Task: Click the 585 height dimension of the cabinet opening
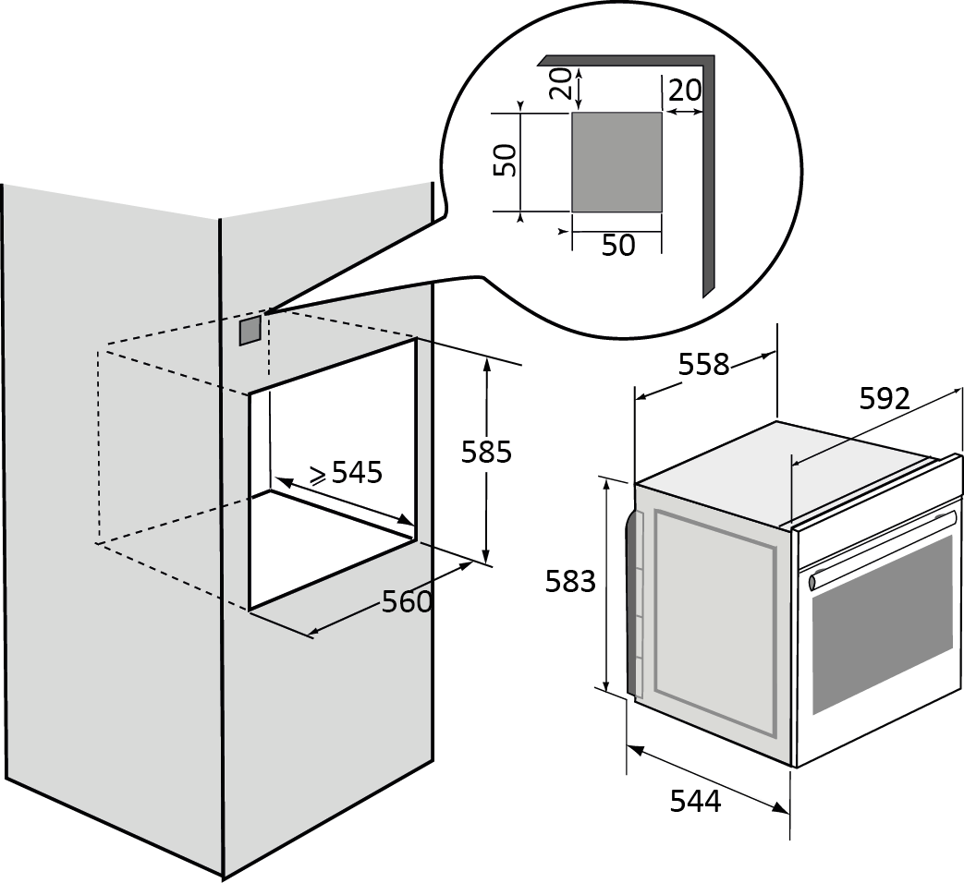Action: pyautogui.click(x=486, y=452)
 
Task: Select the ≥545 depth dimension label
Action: pyautogui.click(x=345, y=473)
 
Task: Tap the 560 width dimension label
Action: pyautogui.click(x=407, y=602)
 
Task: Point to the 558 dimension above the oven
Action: pyautogui.click(x=703, y=365)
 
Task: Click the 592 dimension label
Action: pyautogui.click(x=885, y=398)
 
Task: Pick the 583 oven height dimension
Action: pyautogui.click(x=570, y=582)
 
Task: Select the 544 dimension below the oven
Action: pyautogui.click(x=695, y=802)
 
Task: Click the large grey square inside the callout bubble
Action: pyautogui.click(x=616, y=163)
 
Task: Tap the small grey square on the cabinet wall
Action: pyautogui.click(x=250, y=331)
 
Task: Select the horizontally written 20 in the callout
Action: pyautogui.click(x=684, y=91)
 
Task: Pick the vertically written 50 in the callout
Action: pyautogui.click(x=505, y=162)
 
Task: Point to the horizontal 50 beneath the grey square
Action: pyautogui.click(x=618, y=246)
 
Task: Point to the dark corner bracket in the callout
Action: pyautogui.click(x=708, y=166)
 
